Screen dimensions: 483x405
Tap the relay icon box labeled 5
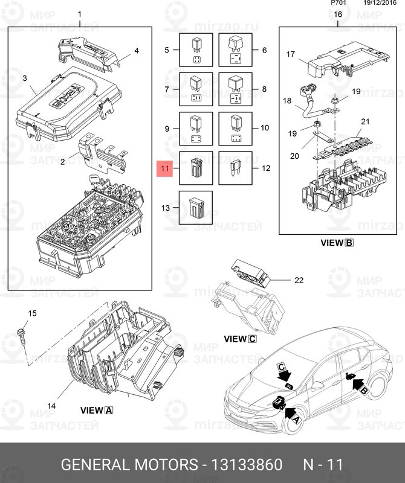(x=196, y=50)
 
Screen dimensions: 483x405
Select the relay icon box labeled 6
(x=235, y=50)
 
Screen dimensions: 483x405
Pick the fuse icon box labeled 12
(x=235, y=168)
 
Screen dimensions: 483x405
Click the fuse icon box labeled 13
(x=196, y=207)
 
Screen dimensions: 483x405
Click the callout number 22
(x=297, y=280)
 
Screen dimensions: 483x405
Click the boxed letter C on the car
(x=282, y=366)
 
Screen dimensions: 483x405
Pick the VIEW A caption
(x=97, y=410)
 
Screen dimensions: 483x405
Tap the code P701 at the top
(x=339, y=3)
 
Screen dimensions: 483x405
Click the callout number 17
(x=290, y=54)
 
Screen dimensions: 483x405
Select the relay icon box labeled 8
(x=235, y=89)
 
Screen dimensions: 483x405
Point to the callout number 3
(x=25, y=78)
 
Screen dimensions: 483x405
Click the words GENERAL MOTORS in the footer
(x=129, y=465)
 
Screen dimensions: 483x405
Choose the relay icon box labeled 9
(x=196, y=129)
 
